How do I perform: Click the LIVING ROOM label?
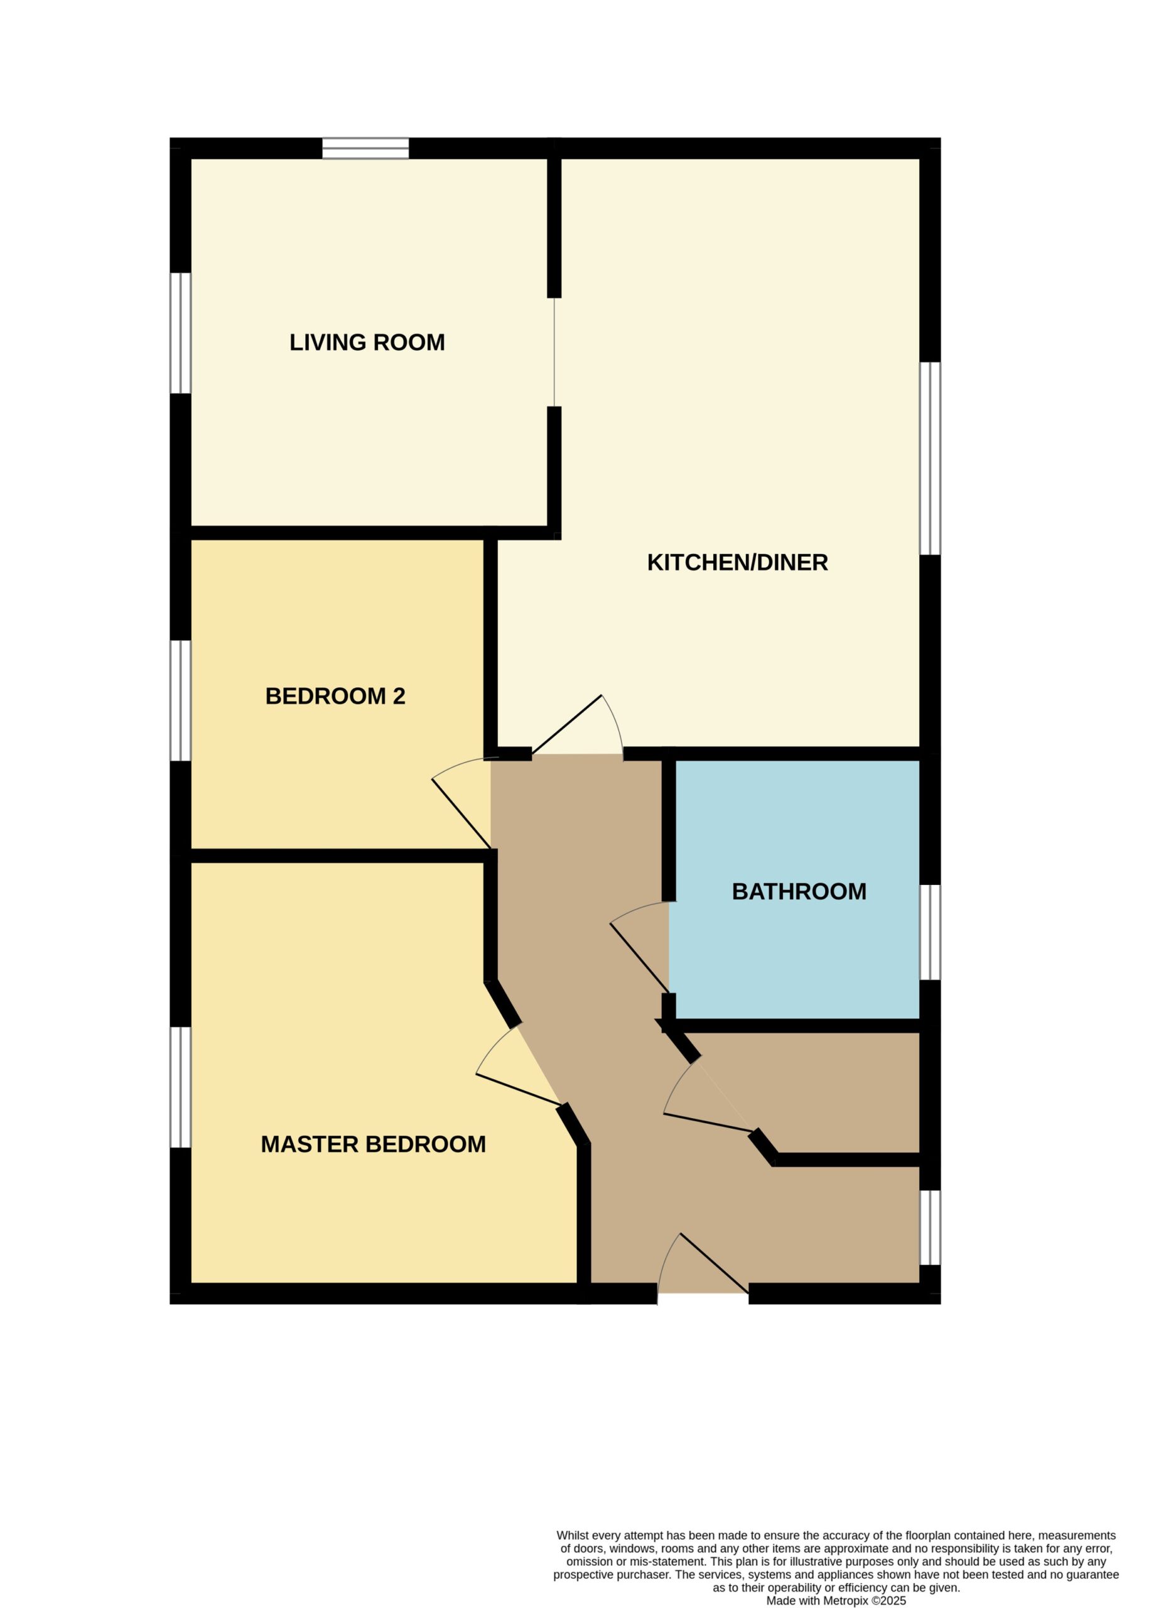coord(367,342)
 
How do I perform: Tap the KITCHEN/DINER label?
coord(737,563)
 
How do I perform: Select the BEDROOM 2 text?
coord(335,696)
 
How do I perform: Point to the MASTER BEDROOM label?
coord(374,1144)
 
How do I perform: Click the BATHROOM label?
coord(799,892)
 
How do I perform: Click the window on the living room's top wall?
coord(366,148)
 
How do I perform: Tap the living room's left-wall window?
coord(181,334)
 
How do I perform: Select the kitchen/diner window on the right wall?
coord(930,459)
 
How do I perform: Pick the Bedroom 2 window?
coord(181,701)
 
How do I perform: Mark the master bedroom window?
coord(181,1087)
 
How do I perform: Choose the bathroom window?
coord(930,932)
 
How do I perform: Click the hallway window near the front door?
coord(930,1227)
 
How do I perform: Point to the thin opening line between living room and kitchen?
coord(554,352)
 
